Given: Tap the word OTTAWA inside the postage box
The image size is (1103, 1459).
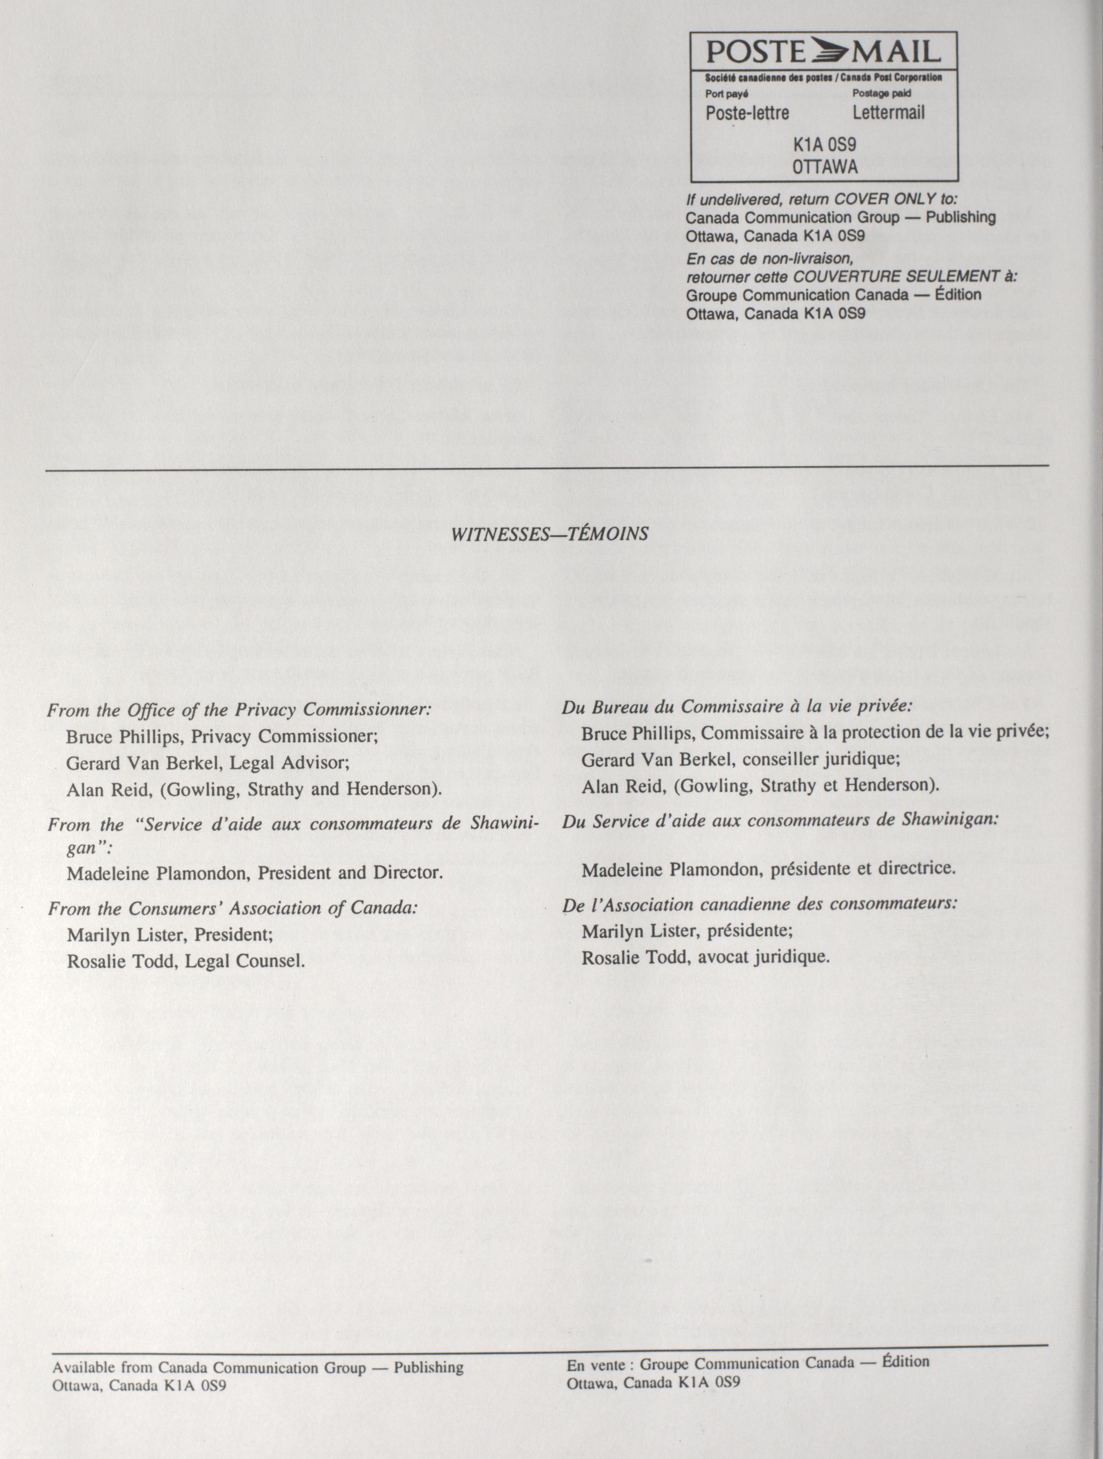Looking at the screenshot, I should click(825, 167).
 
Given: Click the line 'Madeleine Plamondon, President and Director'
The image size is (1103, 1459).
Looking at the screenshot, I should click(254, 873).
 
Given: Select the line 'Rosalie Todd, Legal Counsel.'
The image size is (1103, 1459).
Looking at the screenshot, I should click(186, 961).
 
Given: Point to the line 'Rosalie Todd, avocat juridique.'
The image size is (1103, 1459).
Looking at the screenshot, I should click(704, 957).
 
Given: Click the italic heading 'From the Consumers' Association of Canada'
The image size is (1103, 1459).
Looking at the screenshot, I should click(233, 908).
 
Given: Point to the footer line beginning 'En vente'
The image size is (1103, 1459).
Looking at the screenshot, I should click(747, 1363).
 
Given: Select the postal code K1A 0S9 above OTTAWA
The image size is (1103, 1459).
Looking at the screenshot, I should click(825, 144).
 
